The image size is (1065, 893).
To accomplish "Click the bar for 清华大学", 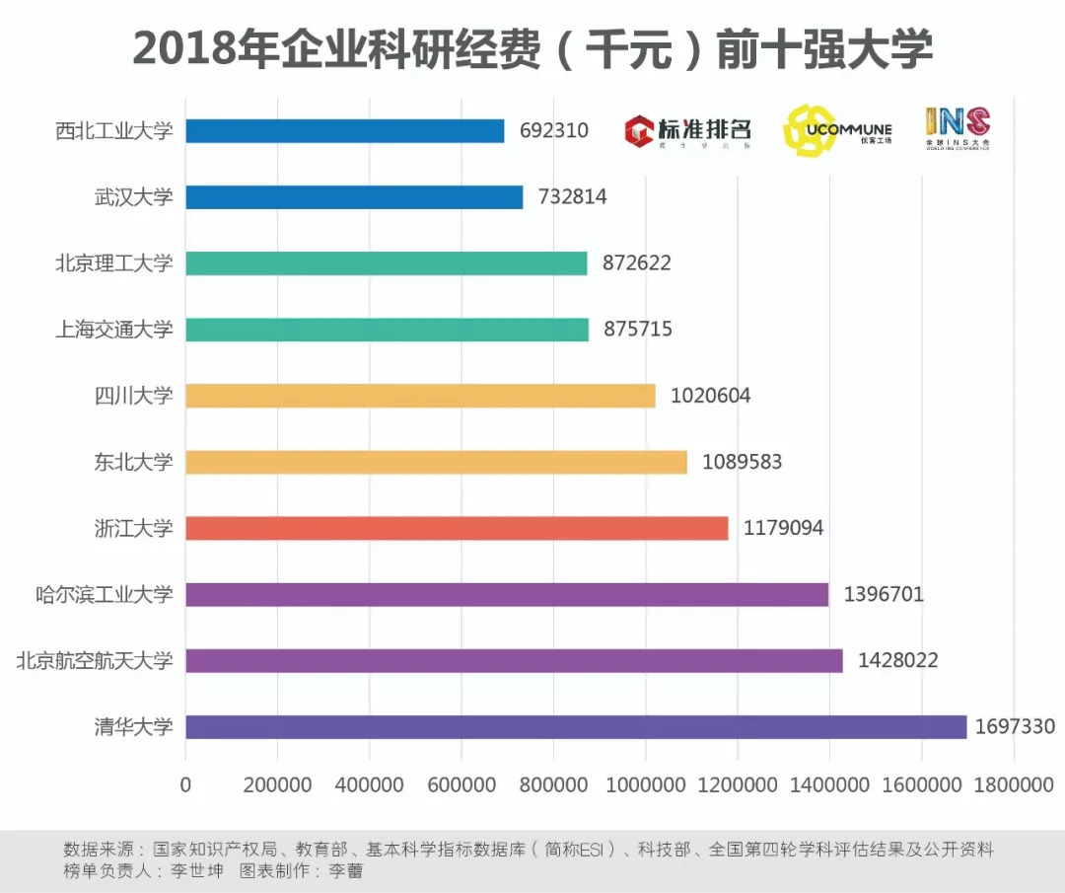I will pyautogui.click(x=576, y=727).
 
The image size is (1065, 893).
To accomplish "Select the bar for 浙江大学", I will pyautogui.click(x=457, y=528).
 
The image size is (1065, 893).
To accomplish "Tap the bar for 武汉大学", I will pyautogui.click(x=354, y=197).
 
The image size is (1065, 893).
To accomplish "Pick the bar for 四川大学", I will pyautogui.click(x=420, y=396).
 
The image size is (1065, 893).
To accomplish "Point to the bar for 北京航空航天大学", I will pyautogui.click(x=514, y=660).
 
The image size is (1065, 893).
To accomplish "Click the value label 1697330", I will pyautogui.click(x=1015, y=727).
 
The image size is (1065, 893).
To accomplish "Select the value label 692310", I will pyautogui.click(x=553, y=131).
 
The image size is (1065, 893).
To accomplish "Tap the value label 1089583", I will pyautogui.click(x=742, y=462).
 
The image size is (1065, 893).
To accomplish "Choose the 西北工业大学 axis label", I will pyautogui.click(x=113, y=131).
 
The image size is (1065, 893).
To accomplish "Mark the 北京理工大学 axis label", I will pyautogui.click(x=113, y=263).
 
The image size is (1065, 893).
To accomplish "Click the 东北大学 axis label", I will pyautogui.click(x=133, y=462).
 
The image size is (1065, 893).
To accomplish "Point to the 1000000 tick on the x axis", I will pyautogui.click(x=645, y=785).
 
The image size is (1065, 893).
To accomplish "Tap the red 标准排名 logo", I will pyautogui.click(x=688, y=130).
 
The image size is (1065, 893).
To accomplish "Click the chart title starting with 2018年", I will pyautogui.click(x=532, y=49).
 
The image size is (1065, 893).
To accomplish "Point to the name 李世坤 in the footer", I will pyautogui.click(x=198, y=871).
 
